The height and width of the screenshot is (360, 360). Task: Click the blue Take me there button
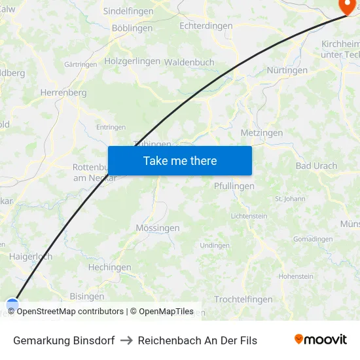click(179, 160)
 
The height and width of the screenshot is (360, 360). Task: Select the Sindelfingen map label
click(128, 11)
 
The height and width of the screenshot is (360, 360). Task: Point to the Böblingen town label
click(132, 28)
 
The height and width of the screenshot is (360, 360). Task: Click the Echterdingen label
click(206, 26)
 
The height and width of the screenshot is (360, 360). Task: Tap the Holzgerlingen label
click(132, 61)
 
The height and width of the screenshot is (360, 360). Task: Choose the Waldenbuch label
click(189, 62)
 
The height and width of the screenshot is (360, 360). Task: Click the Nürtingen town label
click(287, 70)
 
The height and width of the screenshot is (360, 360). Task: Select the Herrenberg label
click(63, 93)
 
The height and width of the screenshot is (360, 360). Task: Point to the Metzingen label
click(262, 133)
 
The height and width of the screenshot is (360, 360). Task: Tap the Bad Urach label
click(316, 166)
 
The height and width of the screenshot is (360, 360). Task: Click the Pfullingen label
click(234, 186)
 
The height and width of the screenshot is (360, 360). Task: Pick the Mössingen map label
click(157, 228)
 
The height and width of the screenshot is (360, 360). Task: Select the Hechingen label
click(109, 267)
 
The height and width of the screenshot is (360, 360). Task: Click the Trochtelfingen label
click(243, 299)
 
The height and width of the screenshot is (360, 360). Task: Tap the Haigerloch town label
click(31, 257)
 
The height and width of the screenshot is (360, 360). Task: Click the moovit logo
click(321, 340)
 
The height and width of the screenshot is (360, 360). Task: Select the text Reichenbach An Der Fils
click(197, 340)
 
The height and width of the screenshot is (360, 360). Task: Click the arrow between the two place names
click(126, 340)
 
